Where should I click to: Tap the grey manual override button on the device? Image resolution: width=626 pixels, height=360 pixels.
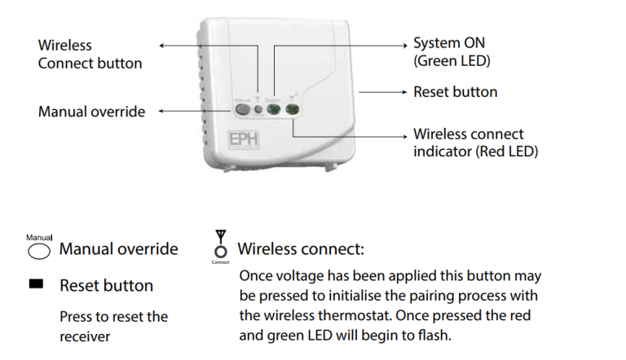tap(242, 108)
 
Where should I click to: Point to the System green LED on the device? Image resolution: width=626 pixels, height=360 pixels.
tap(275, 108)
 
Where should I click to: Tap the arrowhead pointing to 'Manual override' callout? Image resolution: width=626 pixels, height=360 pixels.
tap(161, 111)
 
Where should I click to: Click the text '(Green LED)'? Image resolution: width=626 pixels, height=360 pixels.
tap(452, 60)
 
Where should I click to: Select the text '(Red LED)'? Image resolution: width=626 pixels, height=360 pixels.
tap(509, 151)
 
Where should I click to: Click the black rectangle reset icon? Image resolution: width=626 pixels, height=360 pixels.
tap(36, 285)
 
